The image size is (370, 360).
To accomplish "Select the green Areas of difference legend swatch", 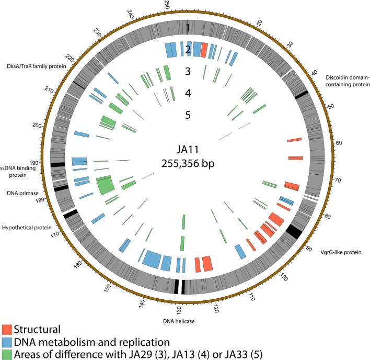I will coord(7,353).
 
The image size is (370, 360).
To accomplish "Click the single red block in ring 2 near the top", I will coord(204,50).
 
